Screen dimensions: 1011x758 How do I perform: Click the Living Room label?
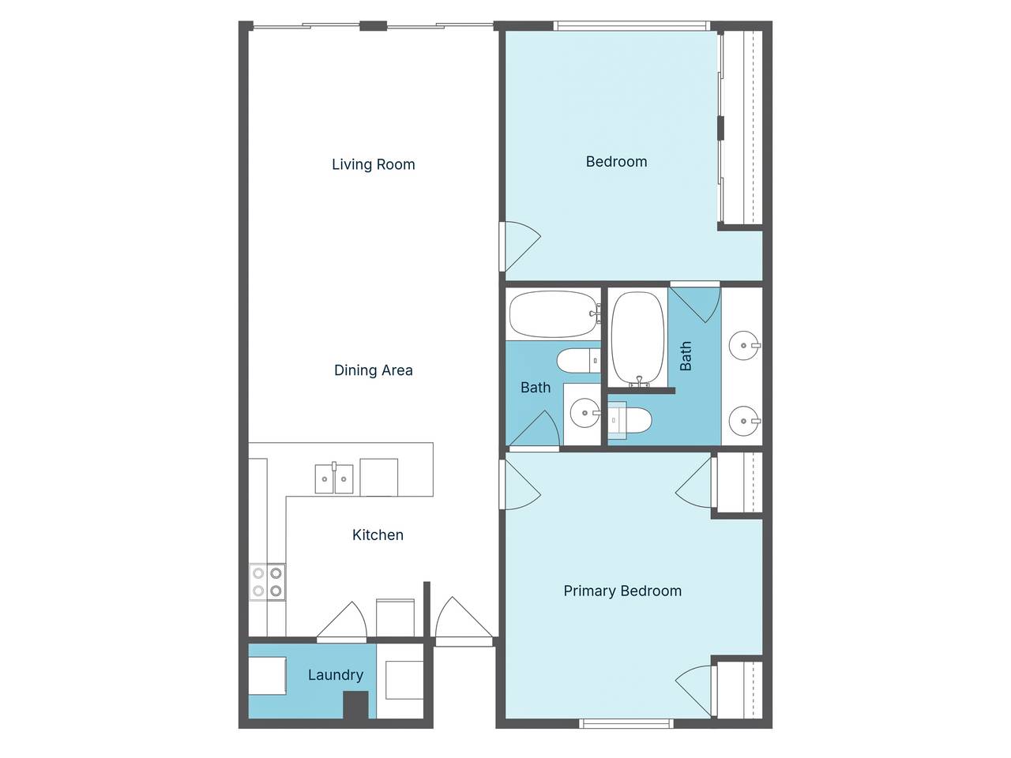click(373, 164)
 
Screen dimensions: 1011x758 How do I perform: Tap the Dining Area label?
click(373, 370)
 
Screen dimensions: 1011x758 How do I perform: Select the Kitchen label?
click(378, 535)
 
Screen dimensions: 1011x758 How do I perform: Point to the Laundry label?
click(336, 675)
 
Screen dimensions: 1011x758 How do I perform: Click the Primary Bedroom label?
click(622, 591)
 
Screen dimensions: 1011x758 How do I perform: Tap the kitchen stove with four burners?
click(267, 582)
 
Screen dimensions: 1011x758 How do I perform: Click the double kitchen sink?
click(334, 478)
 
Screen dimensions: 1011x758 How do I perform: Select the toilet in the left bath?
click(578, 361)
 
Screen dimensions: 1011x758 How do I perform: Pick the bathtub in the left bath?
click(554, 314)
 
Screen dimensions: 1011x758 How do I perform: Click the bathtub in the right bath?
click(638, 339)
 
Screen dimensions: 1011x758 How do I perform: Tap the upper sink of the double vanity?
click(744, 345)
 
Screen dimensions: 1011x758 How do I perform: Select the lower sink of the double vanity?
click(744, 421)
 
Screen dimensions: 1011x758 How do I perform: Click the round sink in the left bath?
click(585, 413)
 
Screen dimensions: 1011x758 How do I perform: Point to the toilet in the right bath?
click(629, 419)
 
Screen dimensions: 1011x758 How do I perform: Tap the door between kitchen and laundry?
click(342, 620)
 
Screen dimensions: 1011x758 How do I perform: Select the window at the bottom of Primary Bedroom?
click(626, 723)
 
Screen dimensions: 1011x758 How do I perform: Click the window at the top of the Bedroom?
click(631, 26)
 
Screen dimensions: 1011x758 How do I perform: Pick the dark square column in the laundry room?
click(356, 704)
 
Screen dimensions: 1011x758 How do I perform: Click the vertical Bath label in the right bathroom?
click(686, 356)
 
